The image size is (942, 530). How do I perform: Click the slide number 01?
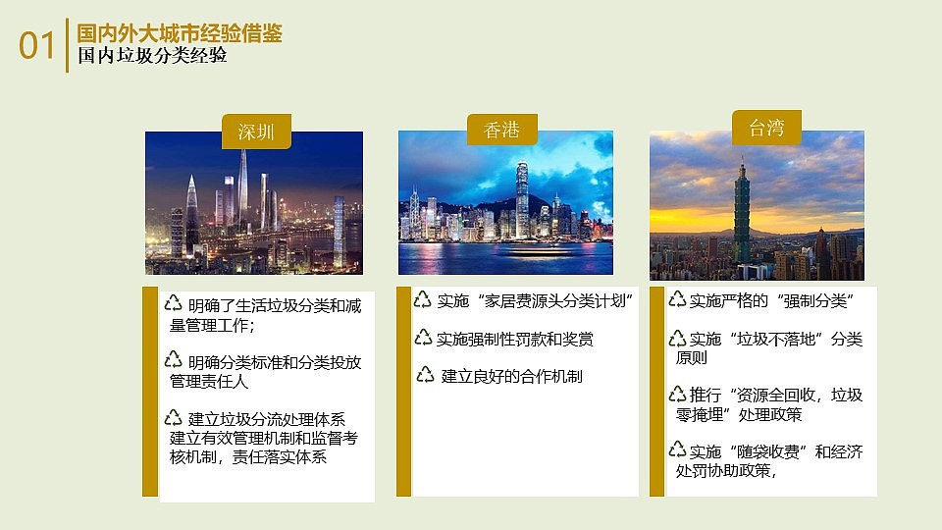coord(37,45)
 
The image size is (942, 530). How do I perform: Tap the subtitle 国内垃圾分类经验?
coord(153,57)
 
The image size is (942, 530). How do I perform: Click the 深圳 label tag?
coord(256,132)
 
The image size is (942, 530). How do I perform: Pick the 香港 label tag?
coord(501,129)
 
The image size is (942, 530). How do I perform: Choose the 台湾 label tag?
coord(766,127)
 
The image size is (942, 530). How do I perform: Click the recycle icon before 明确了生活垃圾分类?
coord(174,303)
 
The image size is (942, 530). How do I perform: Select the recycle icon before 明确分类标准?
coord(174,359)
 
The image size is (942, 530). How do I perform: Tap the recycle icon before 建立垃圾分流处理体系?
coord(174,416)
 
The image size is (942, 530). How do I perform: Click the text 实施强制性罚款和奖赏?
coord(515,339)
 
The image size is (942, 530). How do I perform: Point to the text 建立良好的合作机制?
coord(512,375)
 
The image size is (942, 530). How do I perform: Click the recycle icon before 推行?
coord(677,395)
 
